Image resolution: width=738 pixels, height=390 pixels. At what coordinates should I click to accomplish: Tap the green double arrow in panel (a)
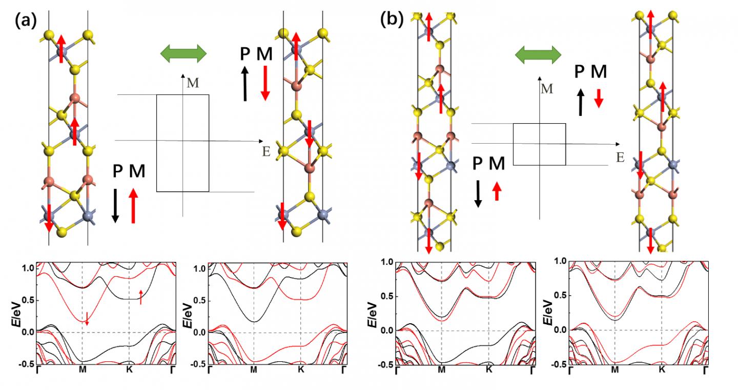click(183, 53)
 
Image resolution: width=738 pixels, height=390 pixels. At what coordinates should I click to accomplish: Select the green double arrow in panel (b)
click(538, 54)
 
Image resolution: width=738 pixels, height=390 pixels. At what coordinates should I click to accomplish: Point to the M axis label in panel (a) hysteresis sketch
click(193, 83)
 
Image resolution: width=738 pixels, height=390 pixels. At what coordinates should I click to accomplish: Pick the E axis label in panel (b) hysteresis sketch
click(620, 157)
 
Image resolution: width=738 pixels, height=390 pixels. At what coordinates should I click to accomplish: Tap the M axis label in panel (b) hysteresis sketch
click(547, 88)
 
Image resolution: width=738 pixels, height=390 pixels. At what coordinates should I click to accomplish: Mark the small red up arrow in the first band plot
click(141, 296)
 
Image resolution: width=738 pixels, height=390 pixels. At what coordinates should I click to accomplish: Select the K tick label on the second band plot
click(301, 369)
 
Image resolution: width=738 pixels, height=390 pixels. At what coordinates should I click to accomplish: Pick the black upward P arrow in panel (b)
click(581, 102)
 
